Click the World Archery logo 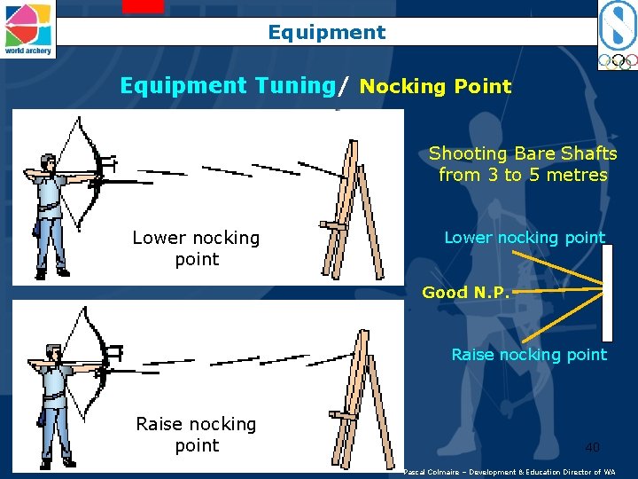(27, 28)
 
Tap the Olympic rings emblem (617, 61)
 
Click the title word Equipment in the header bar (327, 33)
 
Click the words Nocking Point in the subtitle (435, 87)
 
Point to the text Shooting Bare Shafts (523, 153)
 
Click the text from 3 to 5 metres (523, 175)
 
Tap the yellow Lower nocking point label (525, 237)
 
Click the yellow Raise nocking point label (529, 354)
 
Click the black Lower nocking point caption (196, 248)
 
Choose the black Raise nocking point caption (196, 435)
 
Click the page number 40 (592, 447)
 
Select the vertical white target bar (607, 293)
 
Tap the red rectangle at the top (143, 6)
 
